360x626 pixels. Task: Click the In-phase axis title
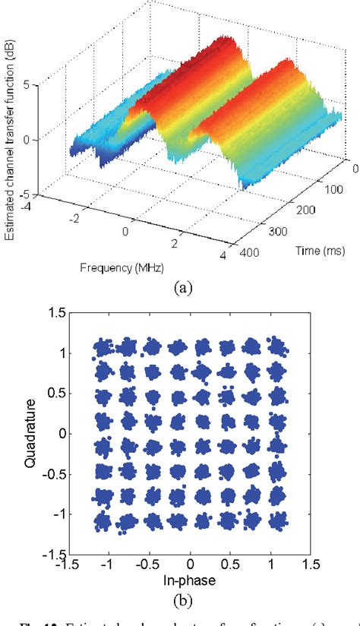(x=188, y=580)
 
